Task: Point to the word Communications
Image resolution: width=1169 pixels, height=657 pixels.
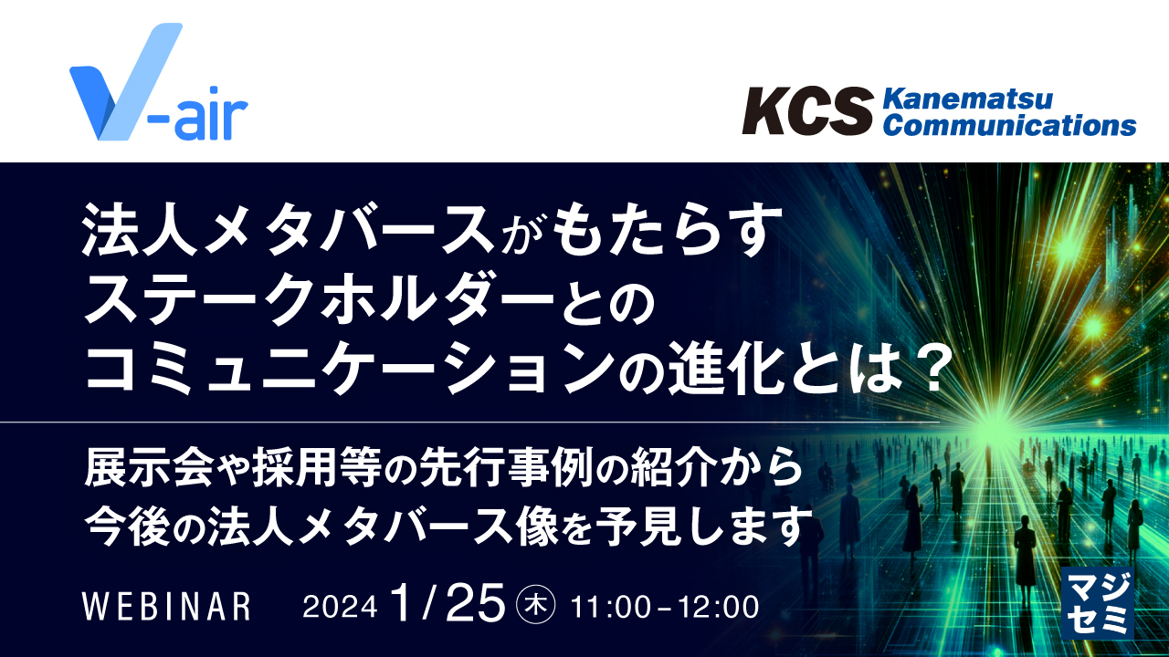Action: pos(1010,125)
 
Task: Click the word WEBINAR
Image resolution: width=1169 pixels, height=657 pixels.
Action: pos(166,607)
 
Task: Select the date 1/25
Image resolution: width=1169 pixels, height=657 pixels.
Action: pos(447,602)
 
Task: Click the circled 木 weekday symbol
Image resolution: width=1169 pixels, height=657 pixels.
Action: pos(536,606)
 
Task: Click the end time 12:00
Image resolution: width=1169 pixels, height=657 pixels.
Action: pos(721,607)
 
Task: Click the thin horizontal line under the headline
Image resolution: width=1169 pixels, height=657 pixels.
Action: pos(511,422)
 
